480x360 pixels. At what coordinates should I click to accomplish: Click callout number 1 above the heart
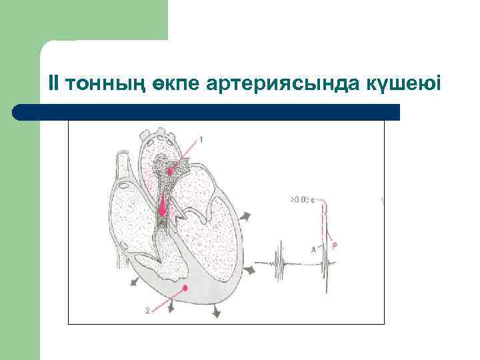click(201, 140)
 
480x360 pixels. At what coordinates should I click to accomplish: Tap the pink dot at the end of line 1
click(171, 171)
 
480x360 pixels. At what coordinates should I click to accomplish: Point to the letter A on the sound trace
click(313, 249)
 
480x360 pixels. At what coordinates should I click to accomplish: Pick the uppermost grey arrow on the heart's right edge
click(247, 217)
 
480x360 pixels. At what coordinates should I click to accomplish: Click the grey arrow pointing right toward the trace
click(251, 270)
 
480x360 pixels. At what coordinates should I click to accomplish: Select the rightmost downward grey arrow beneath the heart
click(217, 313)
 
